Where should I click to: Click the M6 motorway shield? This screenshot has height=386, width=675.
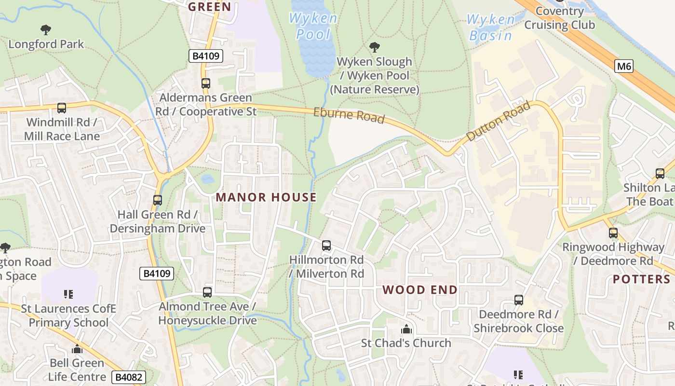point(623,66)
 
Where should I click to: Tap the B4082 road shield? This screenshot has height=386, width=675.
point(128,377)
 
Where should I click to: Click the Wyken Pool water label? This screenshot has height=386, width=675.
point(313,27)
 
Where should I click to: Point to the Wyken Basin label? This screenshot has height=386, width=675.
point(491,28)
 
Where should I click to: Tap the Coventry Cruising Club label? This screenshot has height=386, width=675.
point(559,18)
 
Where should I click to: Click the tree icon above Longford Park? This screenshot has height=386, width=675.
point(46,30)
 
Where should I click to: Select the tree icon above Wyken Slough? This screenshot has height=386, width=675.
point(374,47)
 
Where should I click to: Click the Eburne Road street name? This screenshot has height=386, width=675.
point(349,115)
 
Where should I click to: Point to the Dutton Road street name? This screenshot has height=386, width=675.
point(499,121)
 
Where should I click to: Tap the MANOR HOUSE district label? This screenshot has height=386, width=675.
point(266,197)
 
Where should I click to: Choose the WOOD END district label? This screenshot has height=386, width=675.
point(420,290)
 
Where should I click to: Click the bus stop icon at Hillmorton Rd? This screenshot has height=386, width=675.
point(326,246)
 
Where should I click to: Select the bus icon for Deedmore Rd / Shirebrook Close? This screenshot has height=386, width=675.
point(518,300)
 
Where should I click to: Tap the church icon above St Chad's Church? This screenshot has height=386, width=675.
point(406,329)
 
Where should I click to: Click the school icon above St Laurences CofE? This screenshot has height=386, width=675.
point(68,294)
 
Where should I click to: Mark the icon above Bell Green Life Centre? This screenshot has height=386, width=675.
point(77,349)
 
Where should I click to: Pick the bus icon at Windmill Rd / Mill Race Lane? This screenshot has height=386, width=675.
point(61,108)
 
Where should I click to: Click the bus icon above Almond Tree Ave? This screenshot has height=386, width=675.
point(207,292)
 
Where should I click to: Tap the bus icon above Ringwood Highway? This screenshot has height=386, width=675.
point(613,233)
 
